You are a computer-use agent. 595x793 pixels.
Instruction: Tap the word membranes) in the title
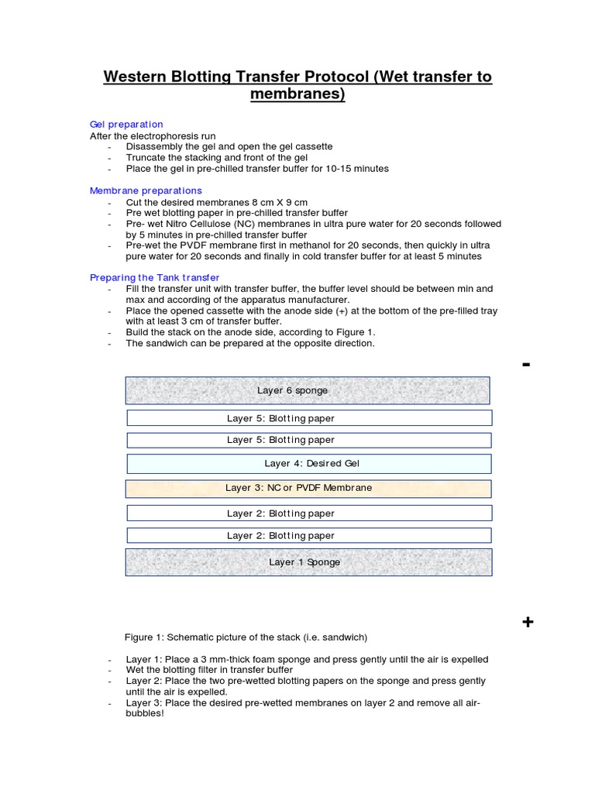pos(297,94)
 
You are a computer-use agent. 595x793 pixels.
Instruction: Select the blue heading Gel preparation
pos(126,124)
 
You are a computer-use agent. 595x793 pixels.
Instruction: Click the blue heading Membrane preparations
pos(146,191)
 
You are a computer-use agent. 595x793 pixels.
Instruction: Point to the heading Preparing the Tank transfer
pos(154,277)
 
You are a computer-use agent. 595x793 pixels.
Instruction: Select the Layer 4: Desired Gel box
pos(308,463)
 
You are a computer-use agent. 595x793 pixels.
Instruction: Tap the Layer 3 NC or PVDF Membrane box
pos(308,488)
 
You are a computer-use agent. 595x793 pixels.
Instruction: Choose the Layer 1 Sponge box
pos(308,562)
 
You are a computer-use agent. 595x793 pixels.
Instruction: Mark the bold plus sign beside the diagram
pos(528,622)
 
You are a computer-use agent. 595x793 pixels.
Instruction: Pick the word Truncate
pos(147,157)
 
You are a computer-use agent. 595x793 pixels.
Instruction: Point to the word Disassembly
pos(154,146)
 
